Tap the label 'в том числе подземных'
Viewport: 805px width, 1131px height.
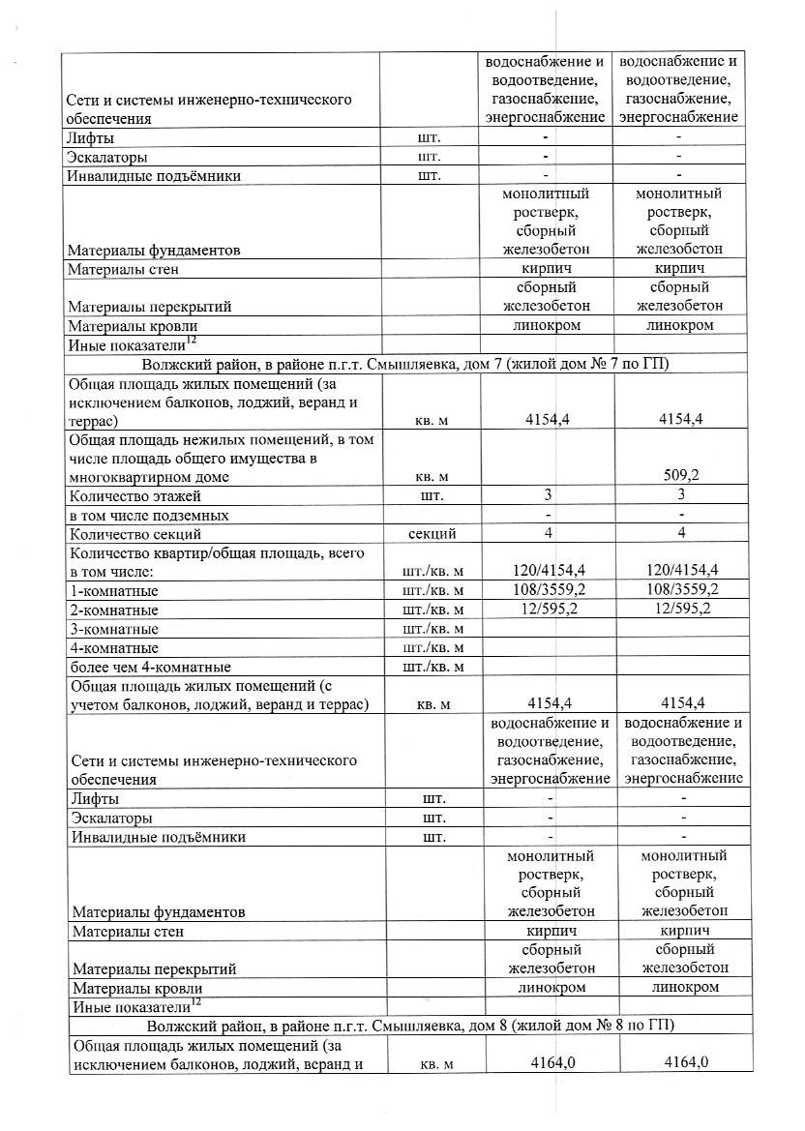148,516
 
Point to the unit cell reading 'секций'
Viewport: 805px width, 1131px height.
433,534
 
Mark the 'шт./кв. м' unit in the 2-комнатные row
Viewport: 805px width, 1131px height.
432,610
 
